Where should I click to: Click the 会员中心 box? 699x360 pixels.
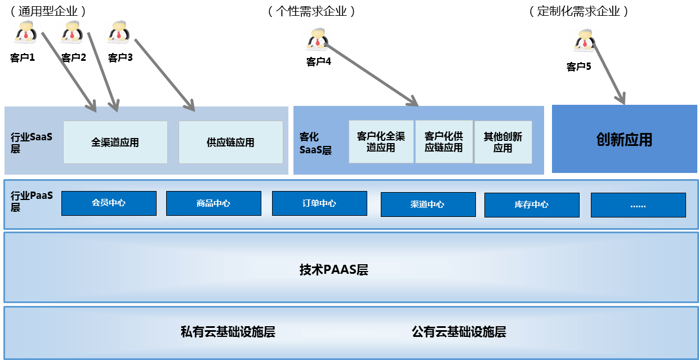[109, 203]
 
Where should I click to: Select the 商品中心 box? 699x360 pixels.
[213, 203]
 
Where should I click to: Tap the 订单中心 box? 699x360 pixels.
[319, 203]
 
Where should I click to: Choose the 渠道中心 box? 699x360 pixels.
[428, 205]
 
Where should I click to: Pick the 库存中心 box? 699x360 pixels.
[532, 205]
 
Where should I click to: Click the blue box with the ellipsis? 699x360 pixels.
[638, 205]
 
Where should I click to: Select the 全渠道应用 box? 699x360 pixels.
[115, 143]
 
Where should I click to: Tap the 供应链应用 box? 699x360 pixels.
[231, 143]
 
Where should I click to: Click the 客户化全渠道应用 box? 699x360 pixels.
[381, 142]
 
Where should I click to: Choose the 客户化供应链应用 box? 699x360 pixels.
[444, 142]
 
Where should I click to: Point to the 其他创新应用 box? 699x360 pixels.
[503, 142]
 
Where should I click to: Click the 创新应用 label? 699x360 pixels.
[624, 140]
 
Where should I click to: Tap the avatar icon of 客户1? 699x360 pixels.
[25, 32]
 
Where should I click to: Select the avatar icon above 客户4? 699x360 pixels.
[317, 39]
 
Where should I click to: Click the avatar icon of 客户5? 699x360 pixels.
[584, 41]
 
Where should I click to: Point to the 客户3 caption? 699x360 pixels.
[120, 57]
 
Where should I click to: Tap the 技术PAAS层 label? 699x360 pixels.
[333, 270]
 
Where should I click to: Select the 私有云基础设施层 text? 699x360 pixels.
[228, 332]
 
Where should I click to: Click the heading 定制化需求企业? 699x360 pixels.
[578, 11]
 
